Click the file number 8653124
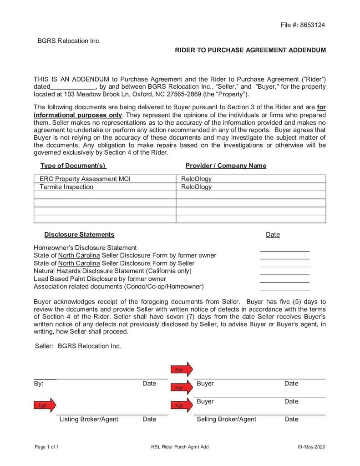313,25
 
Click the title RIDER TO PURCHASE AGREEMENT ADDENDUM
250,50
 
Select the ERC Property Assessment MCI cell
85,179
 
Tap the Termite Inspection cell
66,187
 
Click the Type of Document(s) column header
73,166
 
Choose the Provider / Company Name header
226,166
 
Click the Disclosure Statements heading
79,234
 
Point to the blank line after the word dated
73,87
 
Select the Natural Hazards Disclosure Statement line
112,271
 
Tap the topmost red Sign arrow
182,370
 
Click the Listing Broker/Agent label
89,419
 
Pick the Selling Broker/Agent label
226,419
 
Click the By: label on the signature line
39,384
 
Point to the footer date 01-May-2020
312,447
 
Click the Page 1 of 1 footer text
47,447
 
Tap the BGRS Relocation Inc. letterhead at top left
69,41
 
